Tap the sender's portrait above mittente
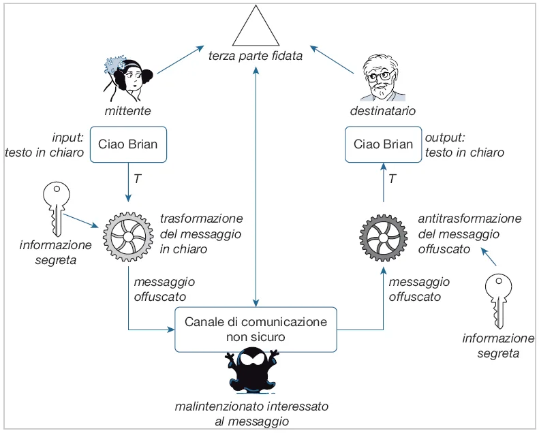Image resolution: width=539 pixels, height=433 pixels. click(128, 77)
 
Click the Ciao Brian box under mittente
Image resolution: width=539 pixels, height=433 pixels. click(128, 144)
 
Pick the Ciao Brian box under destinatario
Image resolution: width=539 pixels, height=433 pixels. click(384, 144)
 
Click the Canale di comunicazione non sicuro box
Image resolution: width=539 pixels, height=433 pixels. click(256, 330)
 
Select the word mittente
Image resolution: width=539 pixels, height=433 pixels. click(127, 110)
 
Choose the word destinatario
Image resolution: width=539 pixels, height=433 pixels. click(383, 110)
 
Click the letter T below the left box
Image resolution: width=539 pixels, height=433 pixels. click(137, 178)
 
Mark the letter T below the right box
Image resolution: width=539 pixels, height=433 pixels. click(392, 179)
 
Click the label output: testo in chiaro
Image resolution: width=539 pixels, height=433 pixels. click(463, 144)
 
